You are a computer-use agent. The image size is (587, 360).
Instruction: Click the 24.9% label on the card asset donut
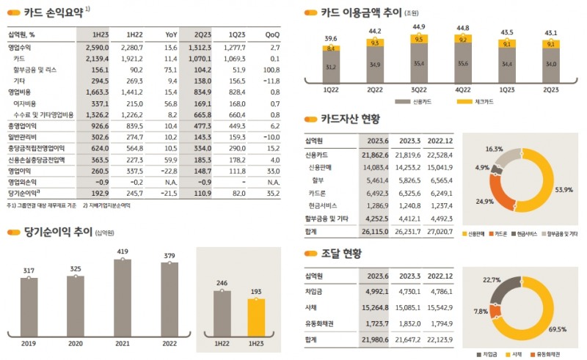(x=484, y=199)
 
